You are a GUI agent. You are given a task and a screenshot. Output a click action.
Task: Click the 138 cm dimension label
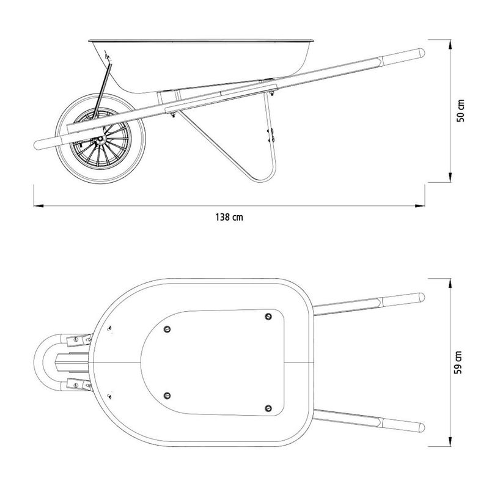tap(229, 217)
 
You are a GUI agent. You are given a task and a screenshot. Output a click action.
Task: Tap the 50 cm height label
tap(460, 111)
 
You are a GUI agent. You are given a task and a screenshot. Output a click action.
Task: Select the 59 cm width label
tap(458, 362)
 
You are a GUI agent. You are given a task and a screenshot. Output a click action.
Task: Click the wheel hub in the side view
tap(100, 139)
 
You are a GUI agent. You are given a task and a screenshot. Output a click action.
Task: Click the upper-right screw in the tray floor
tap(268, 317)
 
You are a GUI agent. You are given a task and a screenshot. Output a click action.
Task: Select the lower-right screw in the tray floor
tap(268, 408)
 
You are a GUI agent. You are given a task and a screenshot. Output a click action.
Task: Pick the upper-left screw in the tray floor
tap(167, 329)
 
